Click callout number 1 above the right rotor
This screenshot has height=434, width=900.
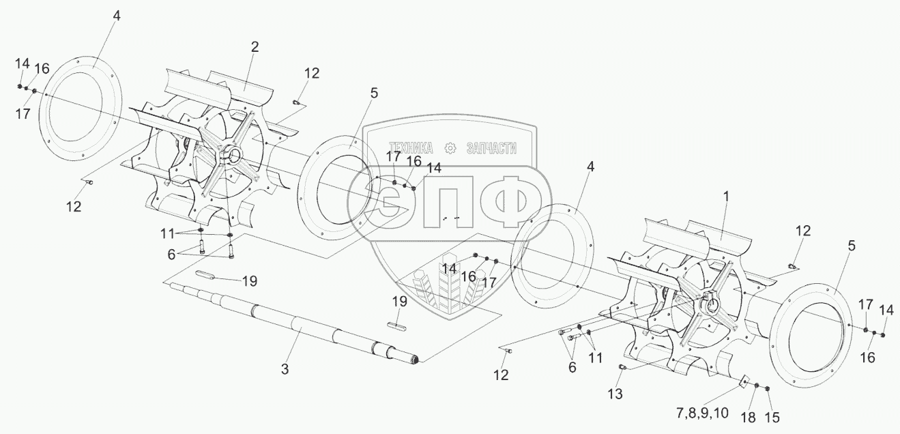tap(726, 196)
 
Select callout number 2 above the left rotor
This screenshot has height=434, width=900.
tap(255, 47)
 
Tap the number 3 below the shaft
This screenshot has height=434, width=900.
tap(285, 368)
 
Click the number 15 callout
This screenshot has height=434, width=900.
tap(772, 416)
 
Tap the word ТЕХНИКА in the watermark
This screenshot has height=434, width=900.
tap(411, 148)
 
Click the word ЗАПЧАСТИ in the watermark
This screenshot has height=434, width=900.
tap(491, 148)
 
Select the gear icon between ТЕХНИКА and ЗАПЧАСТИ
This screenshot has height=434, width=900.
tap(450, 148)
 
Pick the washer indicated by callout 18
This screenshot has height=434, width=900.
tap(757, 387)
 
